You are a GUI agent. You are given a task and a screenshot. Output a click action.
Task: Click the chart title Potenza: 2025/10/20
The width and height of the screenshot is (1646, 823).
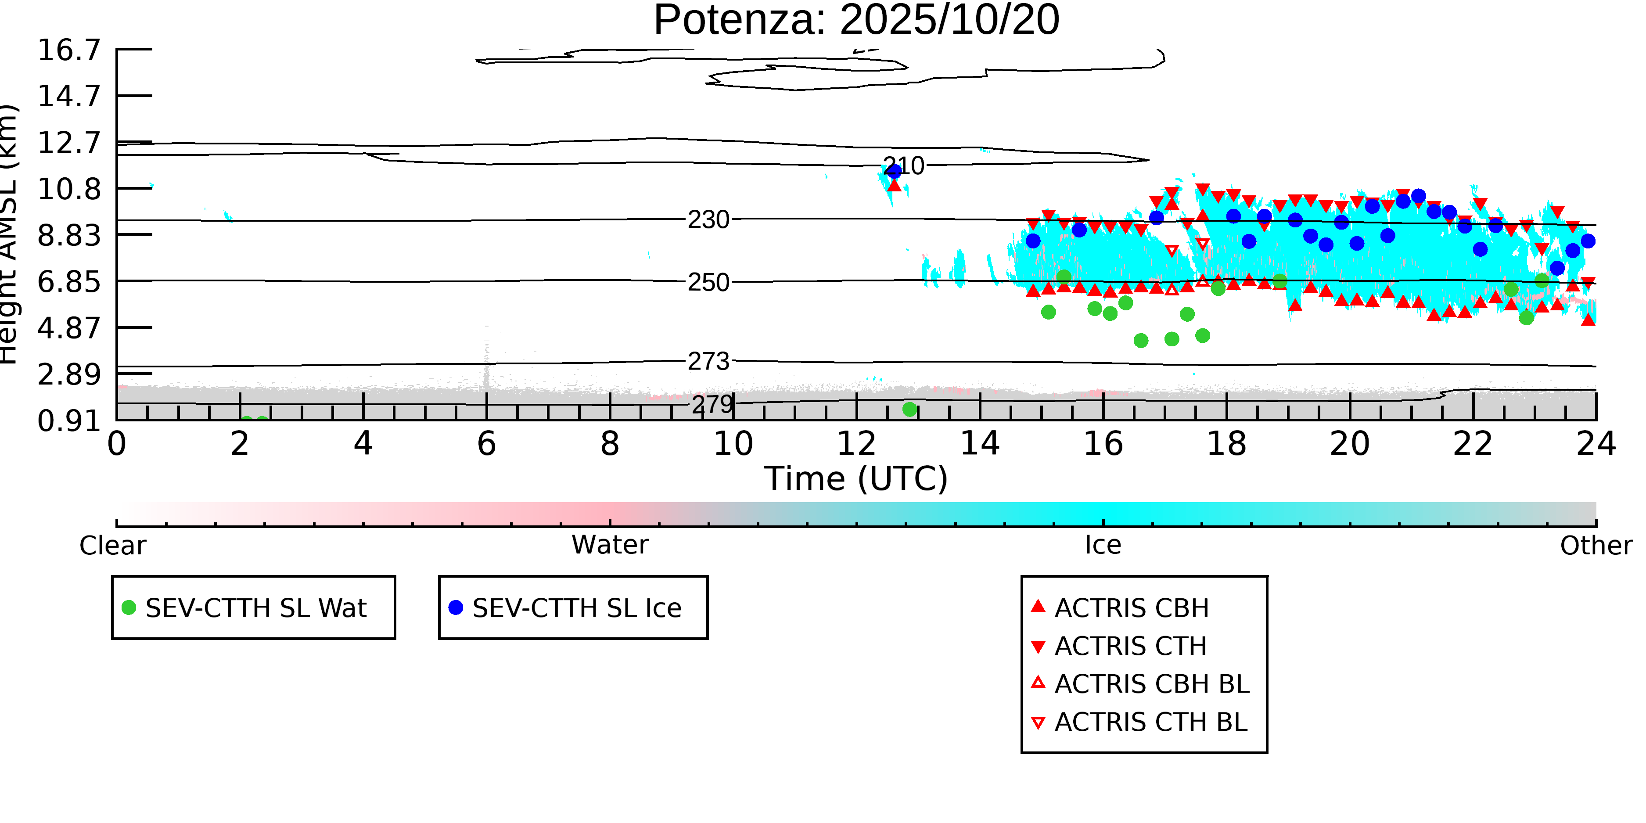tap(856, 21)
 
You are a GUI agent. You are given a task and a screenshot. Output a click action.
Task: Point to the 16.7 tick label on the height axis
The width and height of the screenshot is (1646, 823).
tap(69, 50)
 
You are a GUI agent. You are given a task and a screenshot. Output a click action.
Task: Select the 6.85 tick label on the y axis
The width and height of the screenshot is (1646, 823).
tap(69, 282)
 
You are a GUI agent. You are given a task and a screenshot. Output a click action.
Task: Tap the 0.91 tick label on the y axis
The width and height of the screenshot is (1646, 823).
tap(69, 421)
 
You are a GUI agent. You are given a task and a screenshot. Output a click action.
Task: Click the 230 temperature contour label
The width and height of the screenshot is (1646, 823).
tap(708, 220)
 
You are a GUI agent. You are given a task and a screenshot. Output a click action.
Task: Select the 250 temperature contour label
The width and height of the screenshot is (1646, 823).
tap(708, 282)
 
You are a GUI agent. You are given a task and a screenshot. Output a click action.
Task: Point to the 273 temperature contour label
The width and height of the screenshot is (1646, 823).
tap(708, 362)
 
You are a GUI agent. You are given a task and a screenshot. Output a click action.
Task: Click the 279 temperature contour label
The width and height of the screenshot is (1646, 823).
tap(712, 404)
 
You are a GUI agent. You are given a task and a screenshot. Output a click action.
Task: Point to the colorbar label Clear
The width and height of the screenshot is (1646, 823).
tap(112, 546)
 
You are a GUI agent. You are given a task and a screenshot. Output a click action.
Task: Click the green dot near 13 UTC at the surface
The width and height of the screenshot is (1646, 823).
tap(910, 409)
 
